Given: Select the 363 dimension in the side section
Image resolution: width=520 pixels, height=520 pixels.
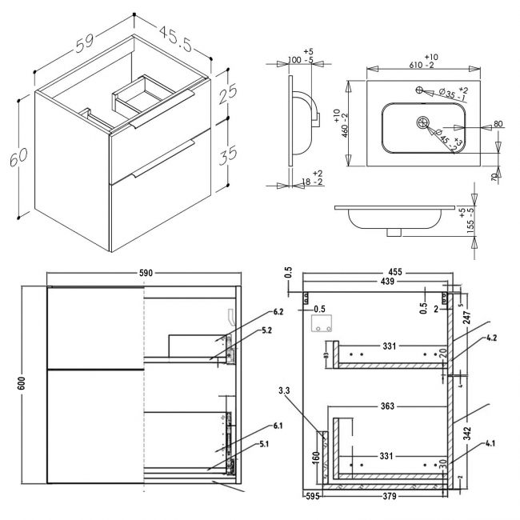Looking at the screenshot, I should (388, 406).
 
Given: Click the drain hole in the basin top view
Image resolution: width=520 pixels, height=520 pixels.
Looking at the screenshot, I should (423, 122).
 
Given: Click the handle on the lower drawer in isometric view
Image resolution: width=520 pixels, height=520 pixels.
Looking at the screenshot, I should (164, 158).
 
